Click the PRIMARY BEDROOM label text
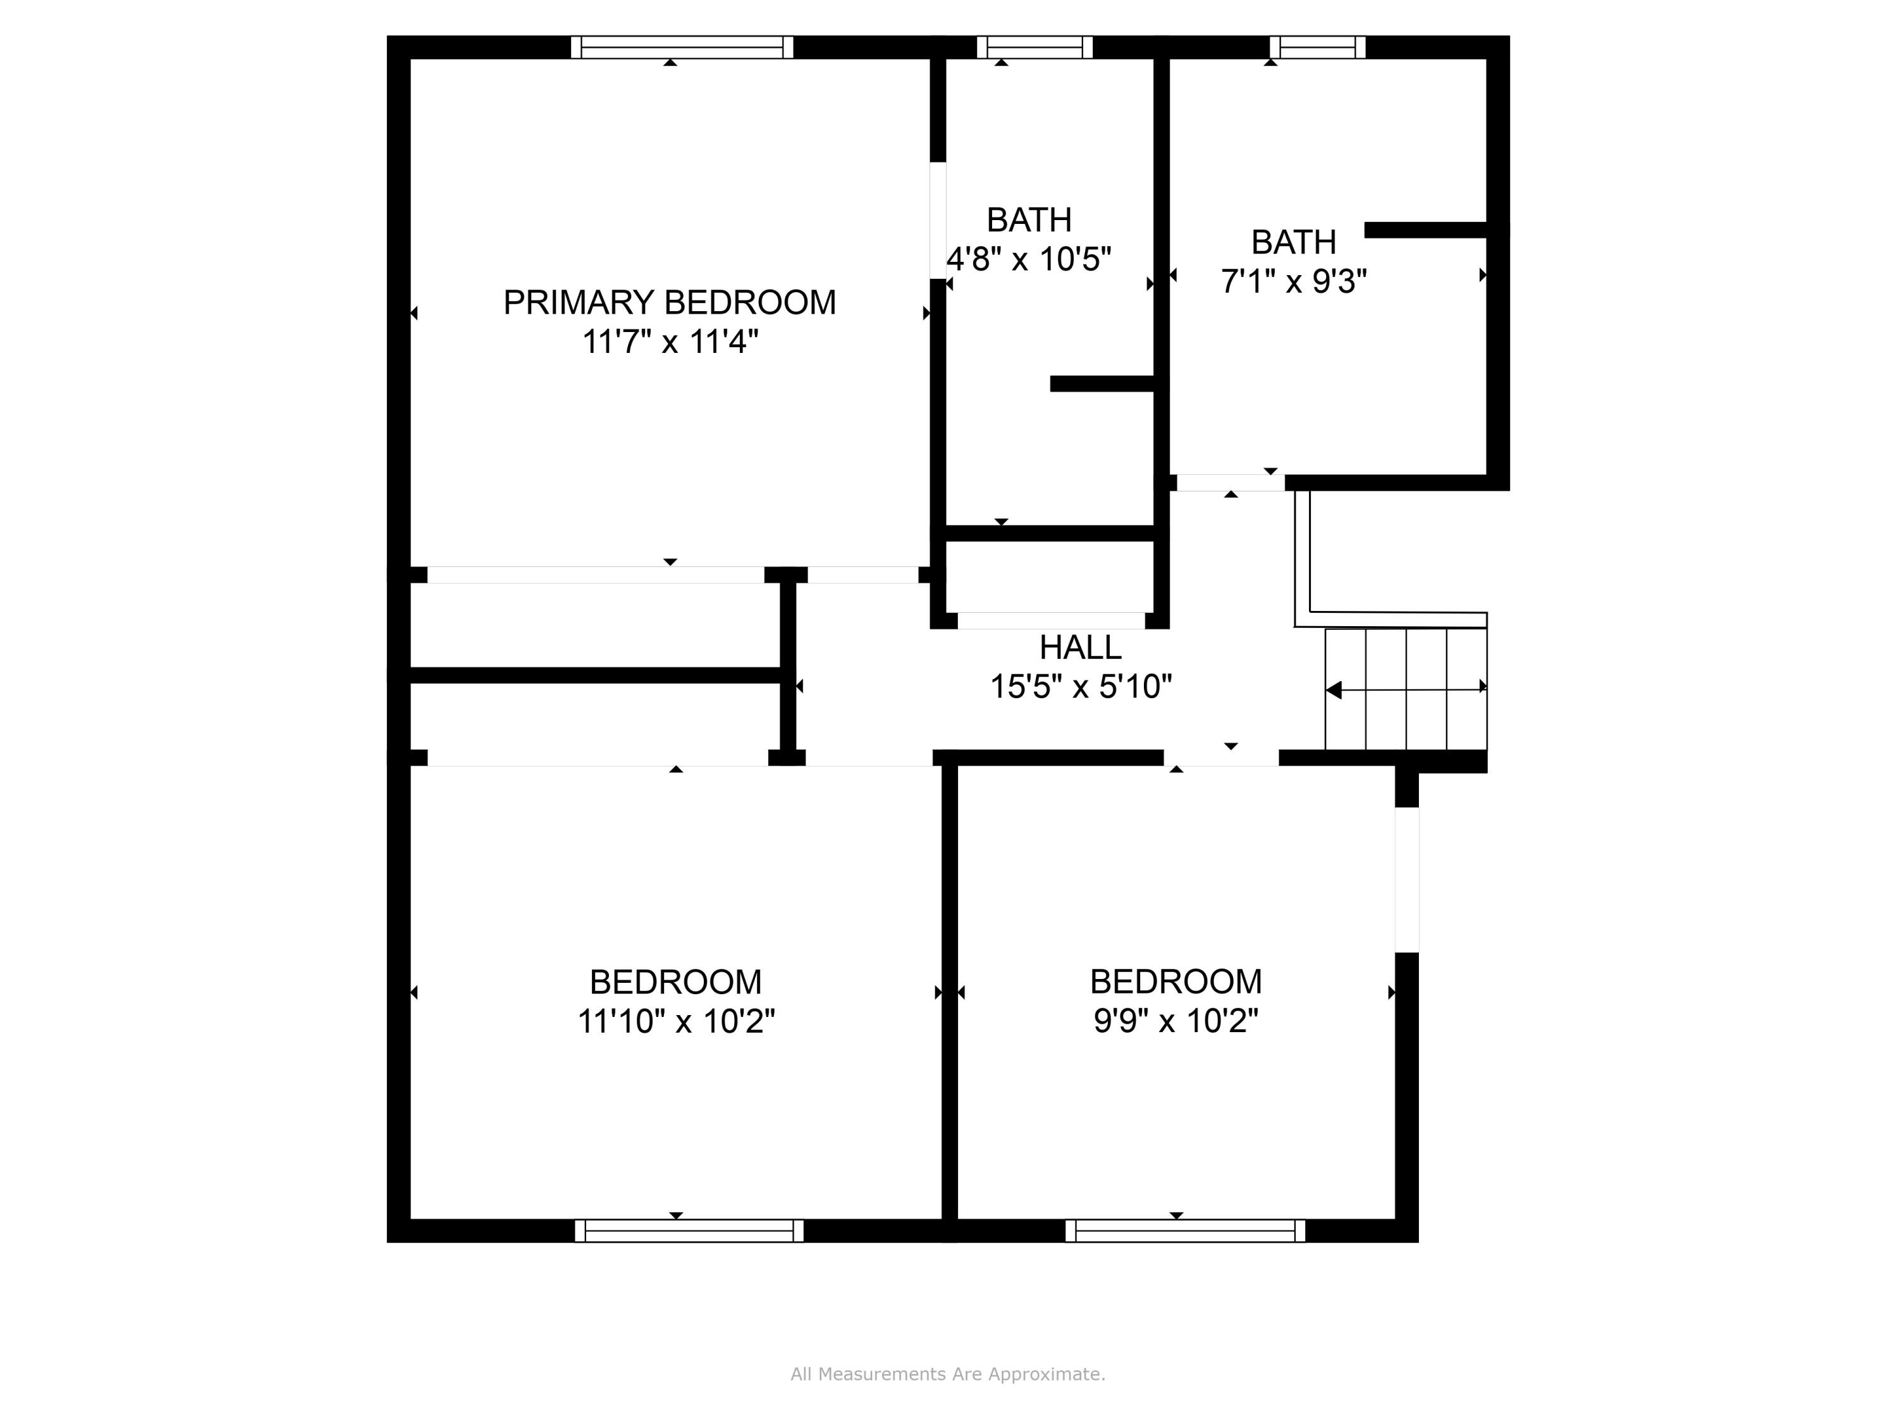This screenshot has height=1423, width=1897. [x=669, y=303]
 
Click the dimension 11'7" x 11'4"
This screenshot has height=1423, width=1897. [x=670, y=342]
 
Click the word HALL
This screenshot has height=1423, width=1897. [x=1080, y=648]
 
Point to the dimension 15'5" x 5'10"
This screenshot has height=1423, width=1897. [x=1081, y=687]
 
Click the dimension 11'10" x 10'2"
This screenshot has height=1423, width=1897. [x=676, y=1021]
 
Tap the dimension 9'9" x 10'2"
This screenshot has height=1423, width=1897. [x=1176, y=1021]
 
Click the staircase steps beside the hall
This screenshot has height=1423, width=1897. [x=1406, y=689]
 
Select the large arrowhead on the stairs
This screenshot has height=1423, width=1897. [x=1334, y=689]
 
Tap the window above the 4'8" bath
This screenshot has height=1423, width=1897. [x=1034, y=47]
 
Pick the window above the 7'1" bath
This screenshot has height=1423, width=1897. [x=1317, y=47]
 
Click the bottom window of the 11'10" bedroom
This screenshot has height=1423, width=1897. [x=689, y=1231]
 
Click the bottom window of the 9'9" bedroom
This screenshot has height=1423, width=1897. [x=1185, y=1231]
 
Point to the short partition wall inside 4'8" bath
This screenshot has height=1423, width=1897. [x=1102, y=385]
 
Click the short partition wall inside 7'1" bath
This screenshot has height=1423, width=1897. [x=1425, y=230]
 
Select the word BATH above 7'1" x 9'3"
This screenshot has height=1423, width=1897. [x=1293, y=243]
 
